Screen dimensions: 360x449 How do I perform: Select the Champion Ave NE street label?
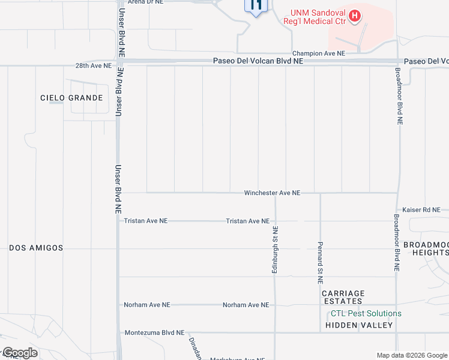[x=318, y=53]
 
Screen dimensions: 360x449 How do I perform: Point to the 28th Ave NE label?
[x=93, y=65]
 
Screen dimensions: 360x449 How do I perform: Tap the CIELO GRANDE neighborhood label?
[x=71, y=98]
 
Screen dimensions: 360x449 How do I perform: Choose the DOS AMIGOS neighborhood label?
[x=36, y=248]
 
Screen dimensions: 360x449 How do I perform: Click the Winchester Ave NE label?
[x=272, y=193]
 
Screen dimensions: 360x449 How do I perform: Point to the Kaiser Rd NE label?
[x=421, y=209]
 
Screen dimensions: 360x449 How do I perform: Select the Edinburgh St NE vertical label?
[x=275, y=250]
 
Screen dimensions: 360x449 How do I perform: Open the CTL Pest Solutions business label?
[x=366, y=313]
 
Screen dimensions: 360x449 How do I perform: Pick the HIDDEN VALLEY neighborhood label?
[x=359, y=325]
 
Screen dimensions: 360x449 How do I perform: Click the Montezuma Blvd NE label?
[x=154, y=332]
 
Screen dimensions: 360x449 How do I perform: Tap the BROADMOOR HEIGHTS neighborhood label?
[x=426, y=248]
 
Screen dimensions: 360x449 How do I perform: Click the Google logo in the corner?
[x=20, y=353]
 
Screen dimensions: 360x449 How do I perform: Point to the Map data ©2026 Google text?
[x=411, y=355]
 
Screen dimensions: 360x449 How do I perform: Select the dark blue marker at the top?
[x=255, y=7]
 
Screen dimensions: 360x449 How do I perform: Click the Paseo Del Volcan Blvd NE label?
[x=259, y=61]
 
